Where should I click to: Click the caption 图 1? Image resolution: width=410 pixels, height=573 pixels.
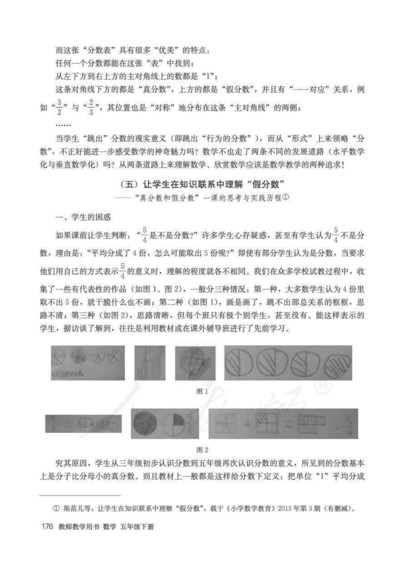click(202, 391)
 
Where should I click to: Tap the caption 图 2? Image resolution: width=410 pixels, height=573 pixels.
click(202, 450)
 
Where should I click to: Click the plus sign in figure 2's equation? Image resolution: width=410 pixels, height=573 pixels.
click(247, 423)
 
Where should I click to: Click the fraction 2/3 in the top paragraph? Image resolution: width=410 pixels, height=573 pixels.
click(91, 108)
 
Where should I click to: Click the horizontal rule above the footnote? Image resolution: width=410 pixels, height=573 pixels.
click(80, 495)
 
